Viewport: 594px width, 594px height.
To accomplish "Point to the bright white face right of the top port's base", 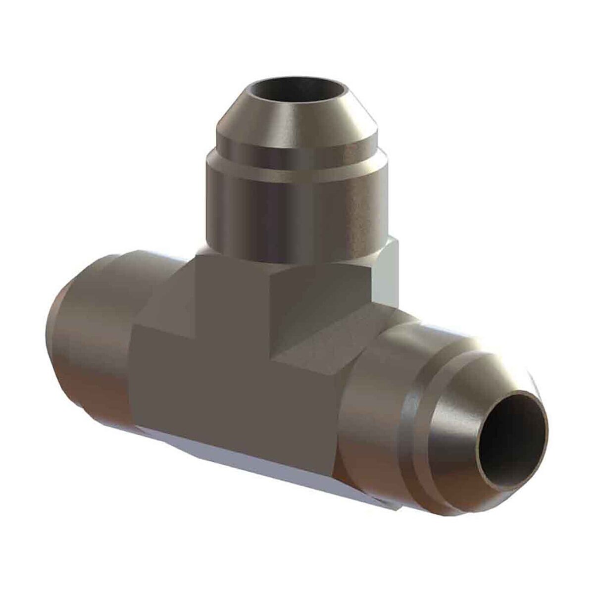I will pos(386,272).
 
